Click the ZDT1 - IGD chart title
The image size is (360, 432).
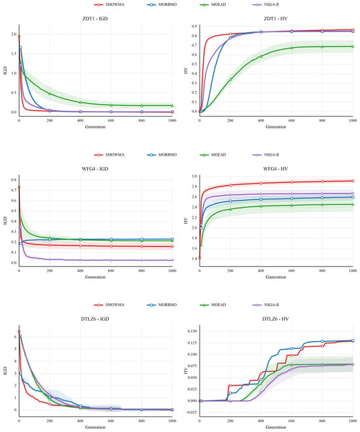95,19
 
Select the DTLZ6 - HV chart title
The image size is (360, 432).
276,319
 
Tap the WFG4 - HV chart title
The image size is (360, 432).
276,169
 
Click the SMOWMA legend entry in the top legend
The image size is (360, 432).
109,5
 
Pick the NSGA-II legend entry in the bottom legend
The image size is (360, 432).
266,305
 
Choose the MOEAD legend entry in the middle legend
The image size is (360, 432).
213,155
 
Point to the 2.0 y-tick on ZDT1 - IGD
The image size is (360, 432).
14,35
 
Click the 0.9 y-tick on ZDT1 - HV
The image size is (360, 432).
194,26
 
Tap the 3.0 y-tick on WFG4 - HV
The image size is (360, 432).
194,176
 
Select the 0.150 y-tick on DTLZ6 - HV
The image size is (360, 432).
192,331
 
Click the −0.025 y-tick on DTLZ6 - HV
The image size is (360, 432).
190,412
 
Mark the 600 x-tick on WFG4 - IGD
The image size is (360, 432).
111,271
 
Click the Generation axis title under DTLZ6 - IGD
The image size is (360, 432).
95,427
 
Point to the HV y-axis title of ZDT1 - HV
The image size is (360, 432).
186,70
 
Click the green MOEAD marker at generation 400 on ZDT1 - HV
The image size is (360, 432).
261,56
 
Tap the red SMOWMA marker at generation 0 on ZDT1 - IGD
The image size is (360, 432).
19,37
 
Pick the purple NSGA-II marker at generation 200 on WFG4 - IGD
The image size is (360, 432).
50,260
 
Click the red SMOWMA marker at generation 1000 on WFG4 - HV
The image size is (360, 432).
353,181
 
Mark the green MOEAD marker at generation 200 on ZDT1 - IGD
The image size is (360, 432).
50,94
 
